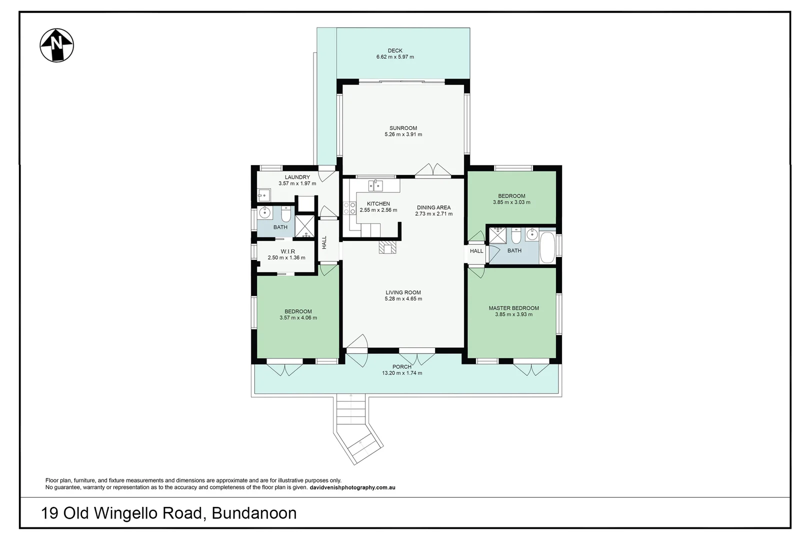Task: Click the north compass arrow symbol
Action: click(57, 45)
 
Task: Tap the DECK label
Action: click(395, 50)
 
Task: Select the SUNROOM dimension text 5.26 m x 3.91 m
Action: click(403, 134)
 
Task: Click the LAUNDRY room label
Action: click(297, 177)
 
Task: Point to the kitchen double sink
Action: click(375, 186)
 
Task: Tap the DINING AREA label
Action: click(433, 207)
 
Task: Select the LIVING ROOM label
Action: click(403, 292)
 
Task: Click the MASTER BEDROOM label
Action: click(513, 308)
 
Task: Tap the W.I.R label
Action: click(287, 251)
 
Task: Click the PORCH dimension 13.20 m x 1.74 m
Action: click(402, 373)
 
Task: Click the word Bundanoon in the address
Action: click(254, 513)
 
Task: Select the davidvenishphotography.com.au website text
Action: click(352, 487)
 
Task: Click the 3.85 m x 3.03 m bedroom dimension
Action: click(511, 202)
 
